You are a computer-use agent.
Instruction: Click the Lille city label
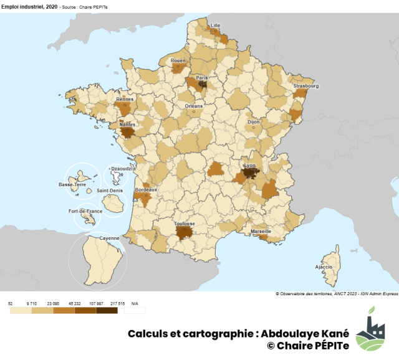point(216,26)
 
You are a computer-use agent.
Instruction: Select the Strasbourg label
point(306,86)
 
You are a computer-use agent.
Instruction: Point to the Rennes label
point(125,98)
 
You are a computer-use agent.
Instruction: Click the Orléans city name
point(194,106)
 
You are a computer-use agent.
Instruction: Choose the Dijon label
point(253,122)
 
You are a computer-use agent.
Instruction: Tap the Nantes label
point(127,124)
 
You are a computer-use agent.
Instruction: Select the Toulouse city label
point(185,224)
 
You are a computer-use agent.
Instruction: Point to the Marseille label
point(261,231)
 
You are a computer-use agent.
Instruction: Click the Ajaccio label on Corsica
point(324,267)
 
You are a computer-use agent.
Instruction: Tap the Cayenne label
point(109,238)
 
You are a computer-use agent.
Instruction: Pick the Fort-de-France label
point(85,211)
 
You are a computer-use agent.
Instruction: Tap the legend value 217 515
point(117,303)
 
